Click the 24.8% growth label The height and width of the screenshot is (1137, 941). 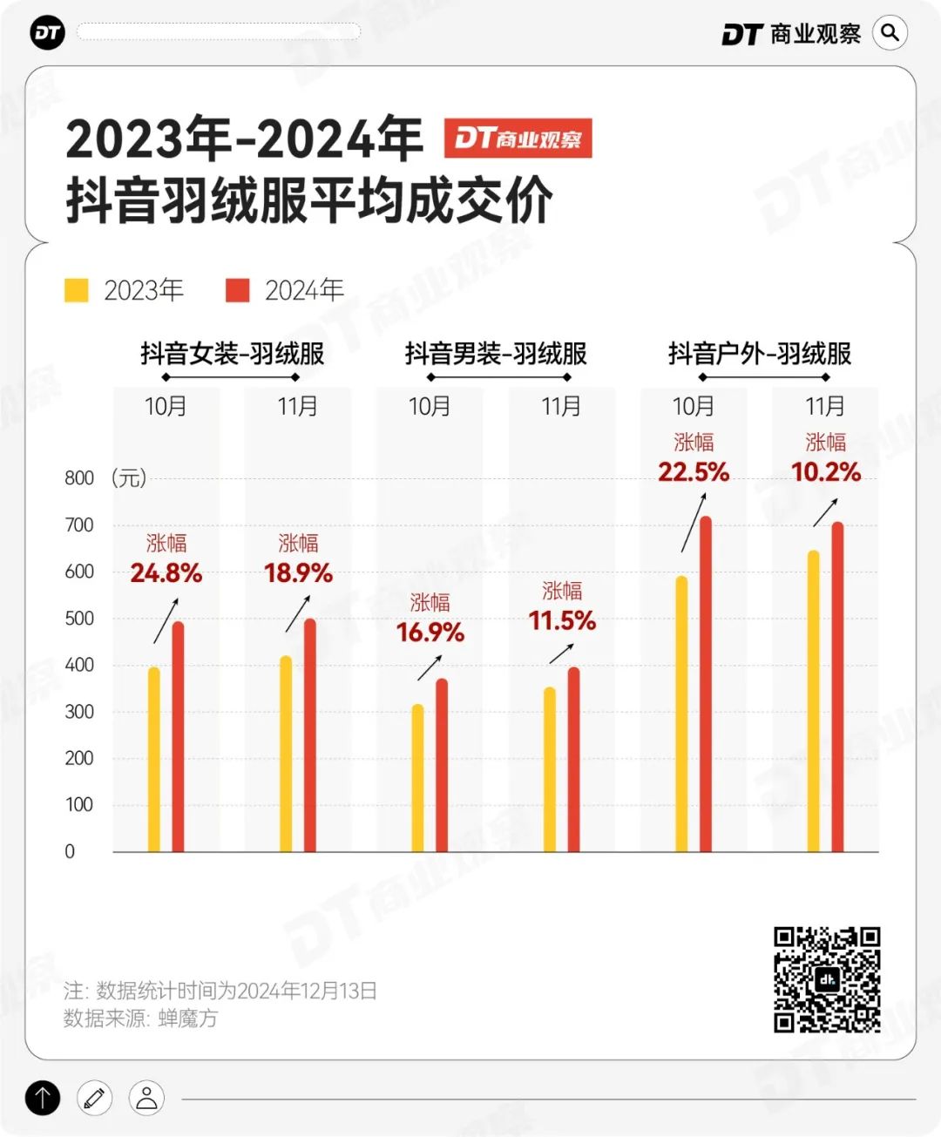(166, 573)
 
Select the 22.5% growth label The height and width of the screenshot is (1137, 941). (694, 472)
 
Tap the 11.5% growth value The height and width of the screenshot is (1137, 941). (562, 621)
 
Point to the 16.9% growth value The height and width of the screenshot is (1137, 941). (430, 633)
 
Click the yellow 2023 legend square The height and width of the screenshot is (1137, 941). (77, 290)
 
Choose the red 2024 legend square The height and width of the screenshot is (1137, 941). (238, 290)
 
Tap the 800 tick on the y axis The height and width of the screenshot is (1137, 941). (79, 478)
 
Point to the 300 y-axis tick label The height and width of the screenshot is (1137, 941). (79, 712)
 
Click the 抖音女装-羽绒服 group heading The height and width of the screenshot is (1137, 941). (233, 354)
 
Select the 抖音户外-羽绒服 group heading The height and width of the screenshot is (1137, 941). (760, 354)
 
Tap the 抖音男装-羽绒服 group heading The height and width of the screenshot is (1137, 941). (496, 354)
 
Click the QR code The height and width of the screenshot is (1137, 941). (827, 979)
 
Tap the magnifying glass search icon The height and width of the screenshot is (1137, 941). (890, 33)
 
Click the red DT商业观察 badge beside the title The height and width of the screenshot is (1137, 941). (518, 139)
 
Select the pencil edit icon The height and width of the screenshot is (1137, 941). (94, 1098)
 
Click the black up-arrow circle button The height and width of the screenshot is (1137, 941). (43, 1098)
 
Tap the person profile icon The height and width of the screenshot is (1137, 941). (146, 1098)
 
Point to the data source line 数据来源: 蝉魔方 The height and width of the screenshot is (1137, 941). (140, 1019)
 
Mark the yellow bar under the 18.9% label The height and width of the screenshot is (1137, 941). (286, 754)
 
